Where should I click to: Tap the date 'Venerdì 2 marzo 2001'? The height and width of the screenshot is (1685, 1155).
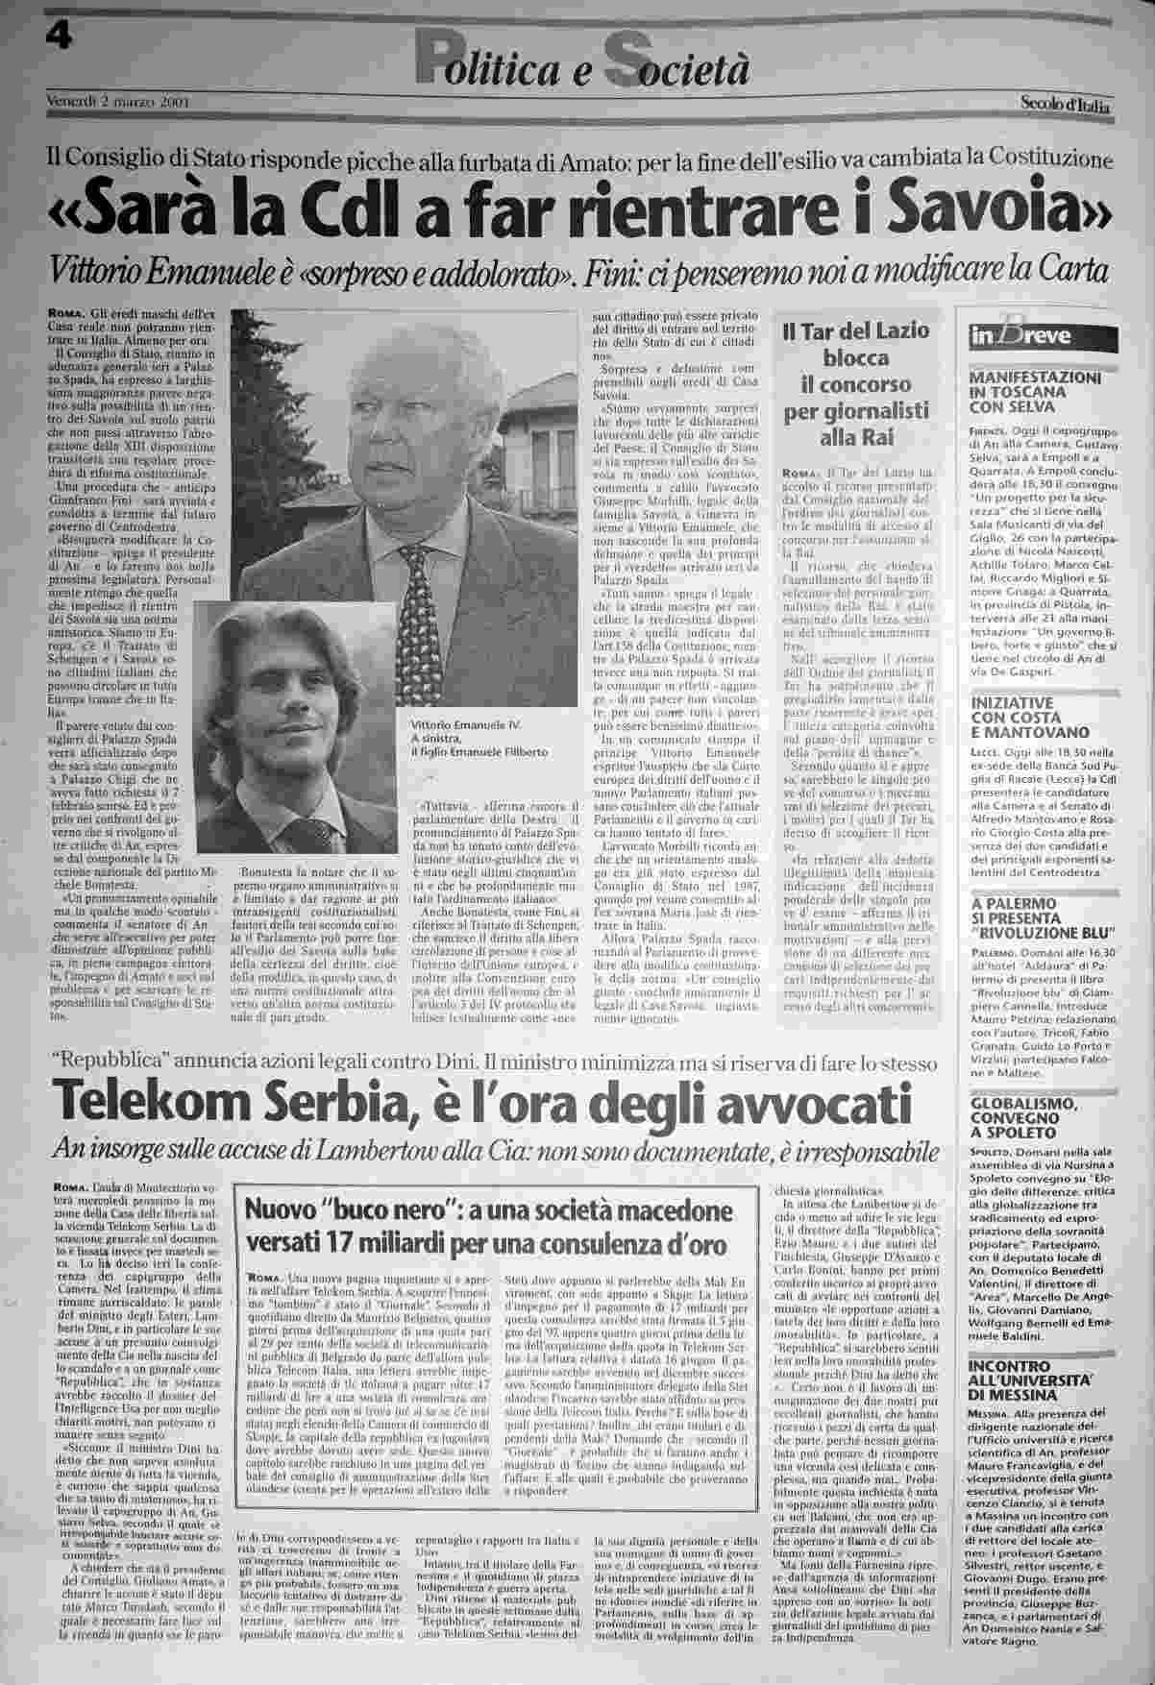click(116, 100)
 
